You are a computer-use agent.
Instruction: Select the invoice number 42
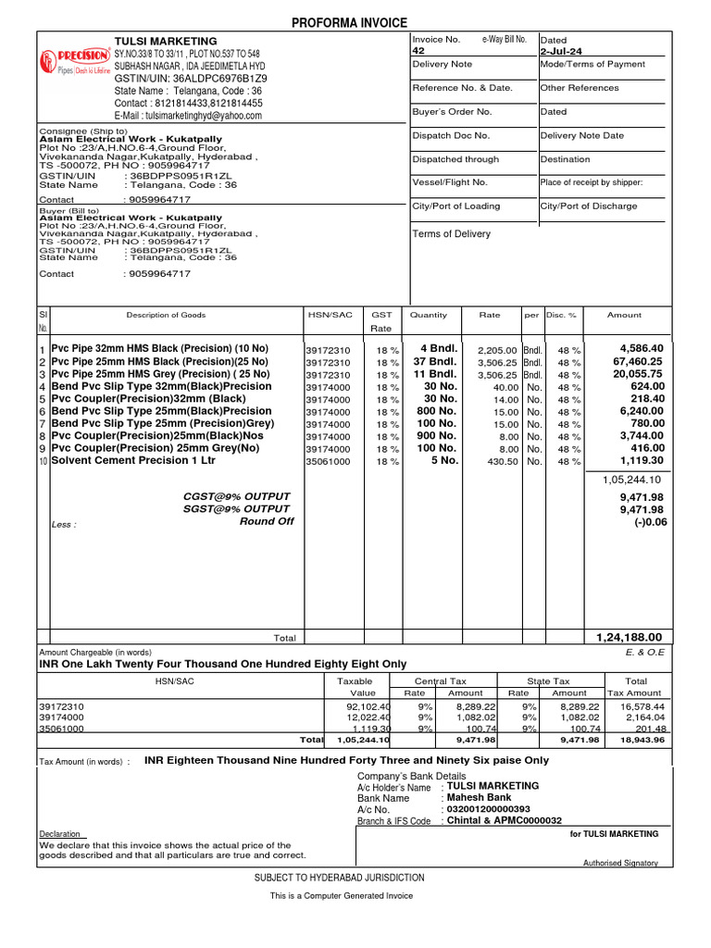(x=418, y=52)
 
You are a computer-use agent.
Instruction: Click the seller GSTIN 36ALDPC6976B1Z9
(x=190, y=79)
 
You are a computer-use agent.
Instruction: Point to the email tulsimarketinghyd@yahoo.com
(x=188, y=116)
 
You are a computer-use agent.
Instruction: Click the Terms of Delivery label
(x=451, y=234)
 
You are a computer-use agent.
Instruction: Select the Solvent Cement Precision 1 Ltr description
(x=133, y=460)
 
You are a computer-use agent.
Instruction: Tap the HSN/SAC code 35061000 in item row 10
(x=328, y=461)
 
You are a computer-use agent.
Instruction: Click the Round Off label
(x=267, y=521)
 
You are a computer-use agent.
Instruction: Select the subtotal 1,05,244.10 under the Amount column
(x=632, y=480)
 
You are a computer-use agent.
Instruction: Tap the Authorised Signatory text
(x=620, y=863)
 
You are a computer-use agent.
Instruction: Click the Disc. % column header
(x=562, y=315)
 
